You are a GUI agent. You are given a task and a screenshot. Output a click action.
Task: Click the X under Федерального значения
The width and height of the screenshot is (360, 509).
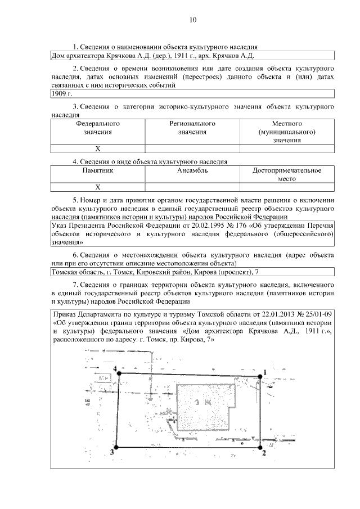tap(97, 149)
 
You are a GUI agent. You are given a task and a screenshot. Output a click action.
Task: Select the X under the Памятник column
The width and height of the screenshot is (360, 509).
tap(97, 187)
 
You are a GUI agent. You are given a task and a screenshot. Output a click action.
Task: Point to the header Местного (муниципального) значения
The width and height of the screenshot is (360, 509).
tap(287, 132)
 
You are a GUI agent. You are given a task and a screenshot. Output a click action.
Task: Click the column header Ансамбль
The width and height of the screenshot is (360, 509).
tap(192, 170)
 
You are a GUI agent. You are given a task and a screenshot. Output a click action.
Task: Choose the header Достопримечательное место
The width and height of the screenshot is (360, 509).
tap(287, 174)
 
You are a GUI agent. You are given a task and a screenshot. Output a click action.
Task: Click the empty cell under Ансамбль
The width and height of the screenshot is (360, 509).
tap(192, 187)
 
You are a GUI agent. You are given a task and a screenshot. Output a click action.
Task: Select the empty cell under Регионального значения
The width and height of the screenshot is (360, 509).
tap(192, 149)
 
